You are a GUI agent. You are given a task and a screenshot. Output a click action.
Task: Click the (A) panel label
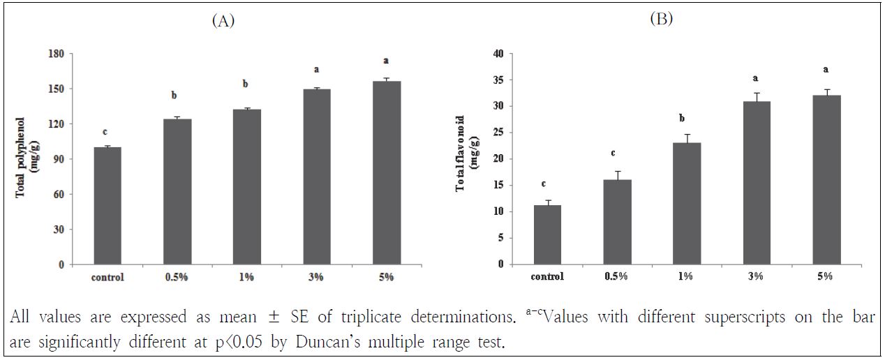tap(223, 21)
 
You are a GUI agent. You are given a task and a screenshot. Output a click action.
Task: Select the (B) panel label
tap(660, 20)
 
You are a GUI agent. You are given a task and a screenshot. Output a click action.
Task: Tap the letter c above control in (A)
tap(105, 132)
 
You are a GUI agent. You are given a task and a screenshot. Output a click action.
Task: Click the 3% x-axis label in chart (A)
tap(315, 277)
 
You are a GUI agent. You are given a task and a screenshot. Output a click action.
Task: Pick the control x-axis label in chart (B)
tap(546, 276)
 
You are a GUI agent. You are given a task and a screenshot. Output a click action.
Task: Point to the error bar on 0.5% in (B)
tap(615, 174)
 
